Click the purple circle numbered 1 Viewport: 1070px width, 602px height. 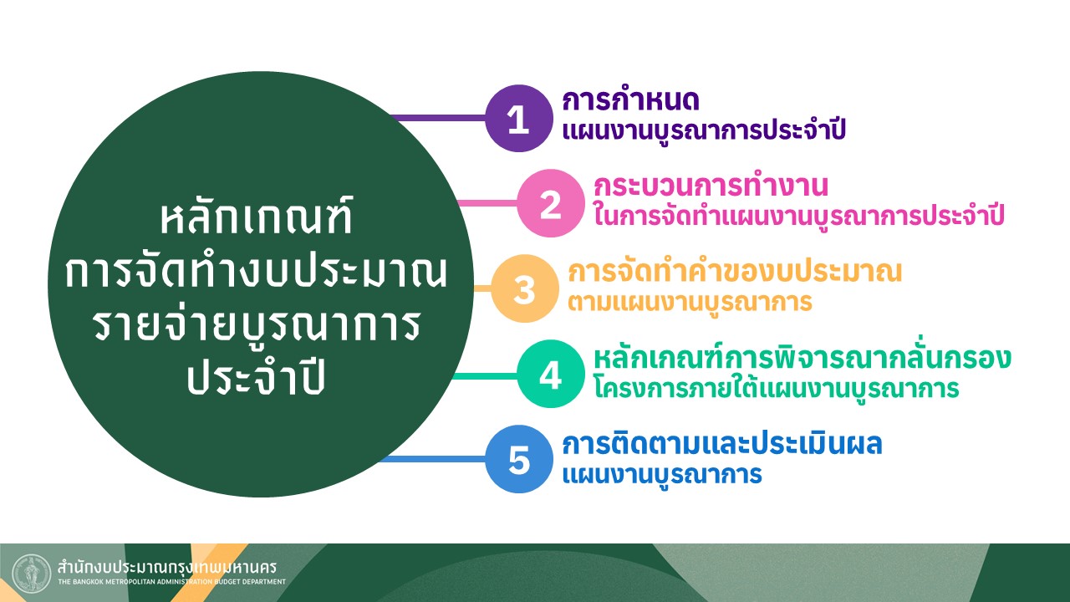519,118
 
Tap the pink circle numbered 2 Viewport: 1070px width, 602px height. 551,203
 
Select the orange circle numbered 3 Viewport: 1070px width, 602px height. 524,288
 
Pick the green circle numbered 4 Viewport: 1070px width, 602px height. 551,374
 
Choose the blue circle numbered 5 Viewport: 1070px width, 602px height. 519,459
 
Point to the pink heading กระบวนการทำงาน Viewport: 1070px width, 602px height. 711,185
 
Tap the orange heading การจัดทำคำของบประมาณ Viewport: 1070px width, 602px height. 735,270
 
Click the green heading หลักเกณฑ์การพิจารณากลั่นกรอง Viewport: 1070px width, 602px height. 802,356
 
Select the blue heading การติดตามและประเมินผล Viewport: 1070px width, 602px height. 721,442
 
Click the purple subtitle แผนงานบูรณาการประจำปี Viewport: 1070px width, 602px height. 704,129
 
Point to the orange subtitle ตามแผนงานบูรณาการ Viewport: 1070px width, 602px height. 690,302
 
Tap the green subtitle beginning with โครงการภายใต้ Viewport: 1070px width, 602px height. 777,387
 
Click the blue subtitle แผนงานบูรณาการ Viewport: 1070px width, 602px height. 662,474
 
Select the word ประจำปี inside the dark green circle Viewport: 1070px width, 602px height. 256,377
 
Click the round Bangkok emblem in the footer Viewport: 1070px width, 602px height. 31,574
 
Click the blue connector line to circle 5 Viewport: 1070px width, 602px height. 432,459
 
